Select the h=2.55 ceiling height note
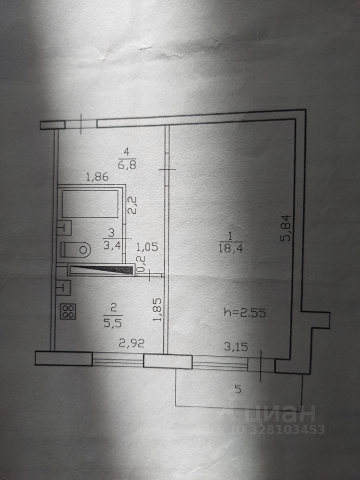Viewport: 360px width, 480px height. click(245, 313)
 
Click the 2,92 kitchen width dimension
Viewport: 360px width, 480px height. click(127, 343)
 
